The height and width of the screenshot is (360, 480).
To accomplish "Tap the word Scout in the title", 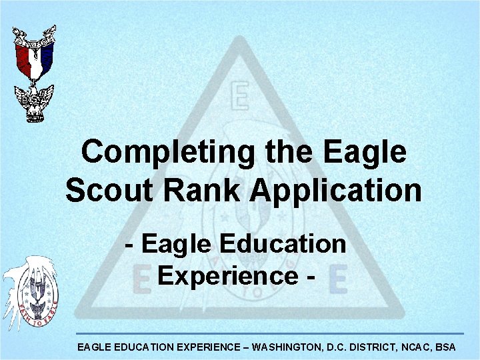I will click(x=99, y=191).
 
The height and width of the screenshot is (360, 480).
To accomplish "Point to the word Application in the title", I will click(x=337, y=191).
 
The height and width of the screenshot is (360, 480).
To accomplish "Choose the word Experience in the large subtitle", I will click(x=227, y=275).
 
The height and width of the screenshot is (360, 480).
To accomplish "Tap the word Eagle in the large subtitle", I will click(x=184, y=244).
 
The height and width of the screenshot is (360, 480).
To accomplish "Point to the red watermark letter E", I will click(x=139, y=281).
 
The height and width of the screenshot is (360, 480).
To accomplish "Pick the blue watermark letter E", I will click(x=337, y=281).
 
